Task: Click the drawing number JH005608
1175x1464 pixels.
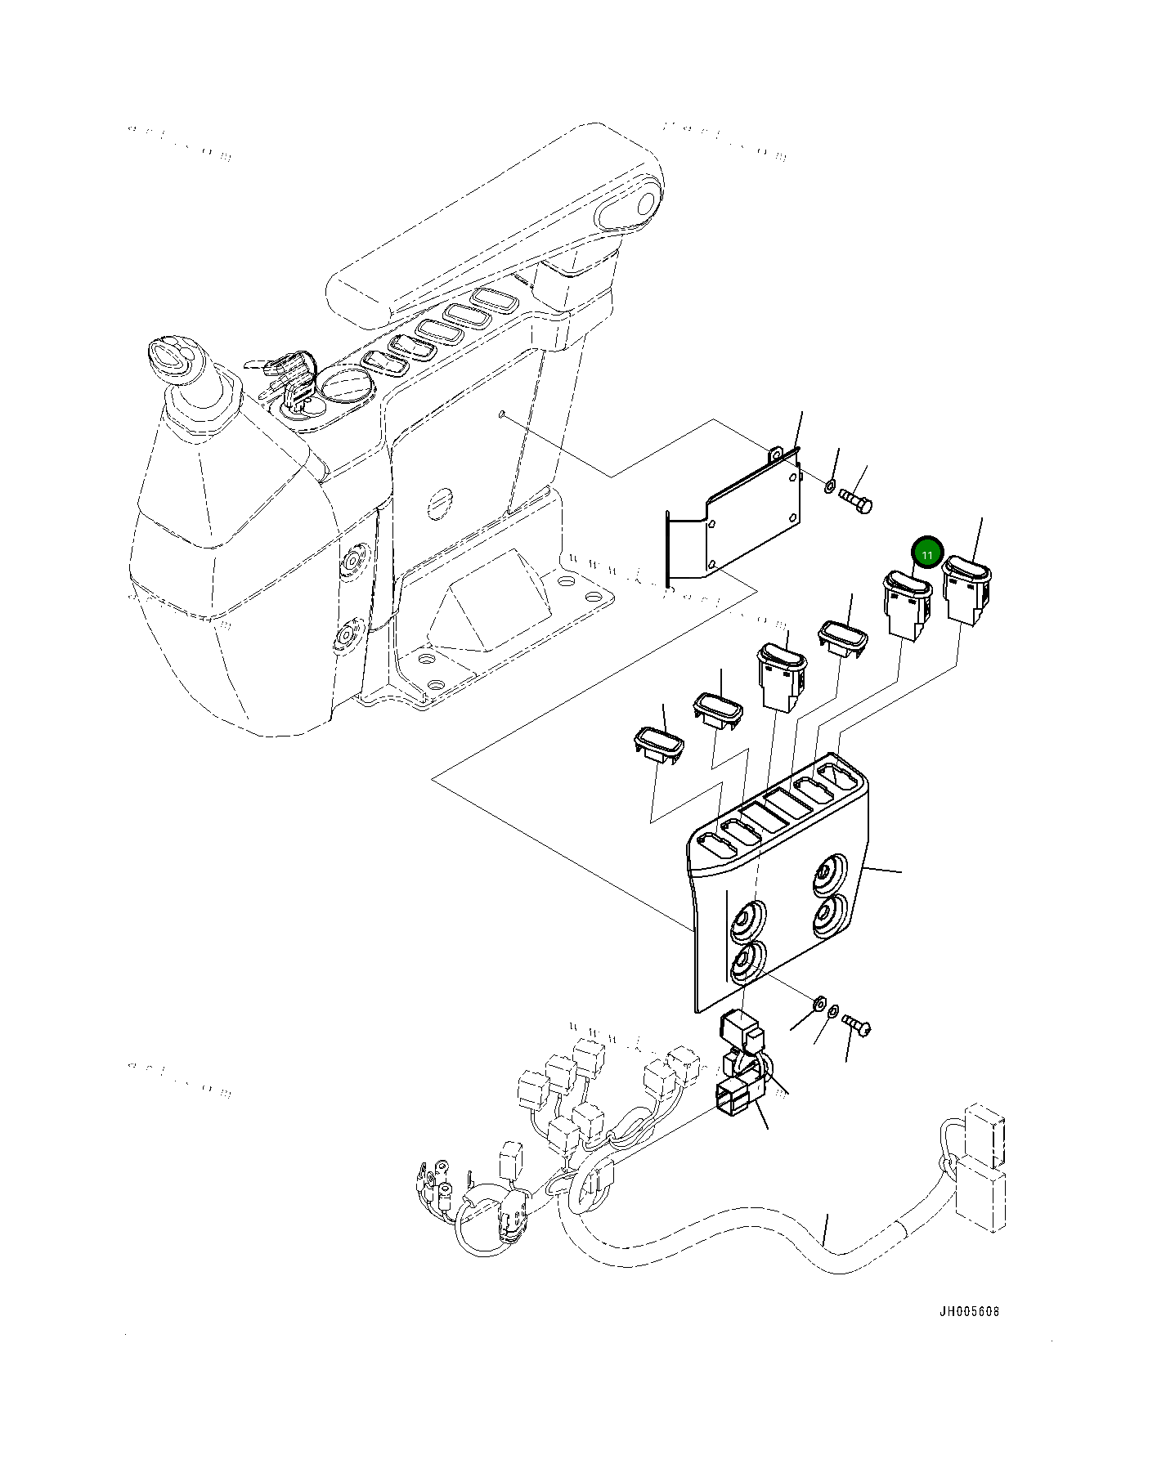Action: [968, 1313]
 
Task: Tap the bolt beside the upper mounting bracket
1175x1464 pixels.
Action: [855, 499]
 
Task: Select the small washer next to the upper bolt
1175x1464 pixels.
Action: [829, 488]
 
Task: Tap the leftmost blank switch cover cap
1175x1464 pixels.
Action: [659, 743]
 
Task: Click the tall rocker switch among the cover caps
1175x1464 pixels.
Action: [781, 673]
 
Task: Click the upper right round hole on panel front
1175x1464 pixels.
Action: [831, 875]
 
